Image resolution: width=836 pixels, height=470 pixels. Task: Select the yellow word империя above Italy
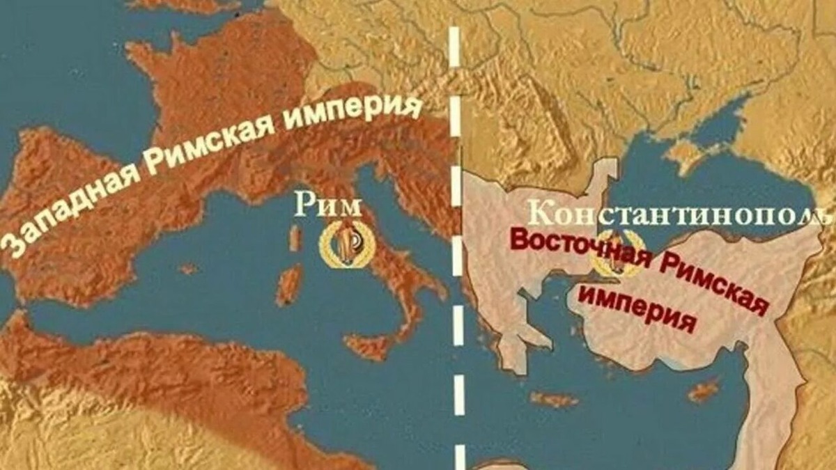point(355,113)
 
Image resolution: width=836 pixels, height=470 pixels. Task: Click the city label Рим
point(328,206)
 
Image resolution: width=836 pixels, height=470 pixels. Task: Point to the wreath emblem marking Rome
point(346,244)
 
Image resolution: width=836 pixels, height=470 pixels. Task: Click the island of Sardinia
point(289,285)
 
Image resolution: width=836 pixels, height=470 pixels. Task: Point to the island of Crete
point(555,400)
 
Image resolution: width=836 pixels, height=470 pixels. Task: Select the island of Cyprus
point(704,391)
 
